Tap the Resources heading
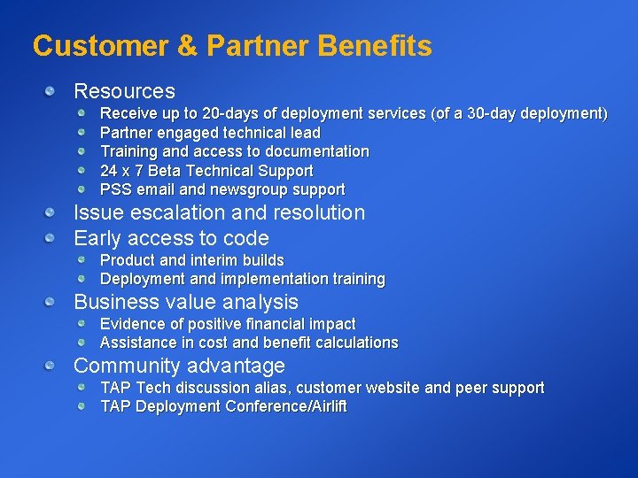click(x=124, y=91)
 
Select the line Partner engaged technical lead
click(x=210, y=133)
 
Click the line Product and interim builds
click(x=191, y=260)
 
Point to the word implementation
click(x=274, y=279)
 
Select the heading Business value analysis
click(x=185, y=302)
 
